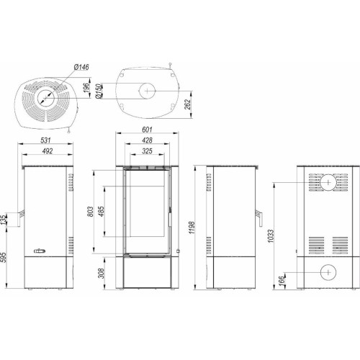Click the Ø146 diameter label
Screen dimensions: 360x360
coord(81,67)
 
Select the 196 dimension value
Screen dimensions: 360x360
coord(86,88)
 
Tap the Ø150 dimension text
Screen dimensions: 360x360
coord(99,91)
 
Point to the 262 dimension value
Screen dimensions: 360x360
coord(187,104)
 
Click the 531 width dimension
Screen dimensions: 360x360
coord(45,140)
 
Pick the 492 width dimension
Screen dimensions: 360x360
coord(48,151)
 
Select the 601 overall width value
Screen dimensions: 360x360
coord(147,130)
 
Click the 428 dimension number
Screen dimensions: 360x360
coord(147,140)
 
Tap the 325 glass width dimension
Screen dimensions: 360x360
coord(147,151)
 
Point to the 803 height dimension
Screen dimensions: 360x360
coord(90,212)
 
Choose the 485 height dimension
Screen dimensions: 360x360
coord(102,211)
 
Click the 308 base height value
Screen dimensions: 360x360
coord(102,273)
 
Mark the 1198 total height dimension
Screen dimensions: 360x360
coord(192,228)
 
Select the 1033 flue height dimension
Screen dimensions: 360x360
coord(271,236)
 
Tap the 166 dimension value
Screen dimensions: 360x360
coord(282,280)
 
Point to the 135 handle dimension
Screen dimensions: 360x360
coord(4,220)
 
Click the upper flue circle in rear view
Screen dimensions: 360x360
coord(328,183)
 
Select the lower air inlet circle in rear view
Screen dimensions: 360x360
coord(328,272)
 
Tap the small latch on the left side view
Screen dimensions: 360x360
coord(40,251)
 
